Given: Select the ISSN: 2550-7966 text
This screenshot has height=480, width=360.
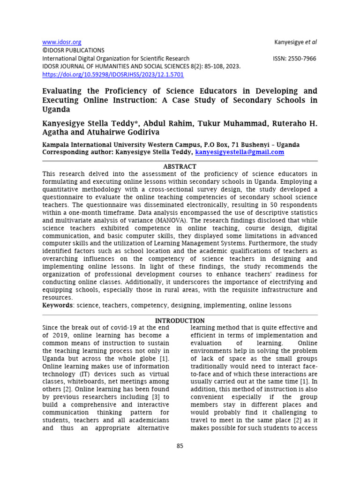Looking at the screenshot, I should [x=294, y=59].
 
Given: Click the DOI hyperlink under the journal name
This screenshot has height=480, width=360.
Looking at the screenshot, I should [x=113, y=75].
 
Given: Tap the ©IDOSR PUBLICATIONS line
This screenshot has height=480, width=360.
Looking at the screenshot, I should [x=74, y=50].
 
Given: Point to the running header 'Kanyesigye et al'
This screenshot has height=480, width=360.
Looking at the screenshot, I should [x=295, y=42].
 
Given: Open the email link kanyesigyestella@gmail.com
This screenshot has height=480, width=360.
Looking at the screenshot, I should [x=240, y=152].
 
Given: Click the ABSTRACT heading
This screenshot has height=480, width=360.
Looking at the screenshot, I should [x=180, y=166].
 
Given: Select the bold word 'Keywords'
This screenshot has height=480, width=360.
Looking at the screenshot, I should [x=58, y=305].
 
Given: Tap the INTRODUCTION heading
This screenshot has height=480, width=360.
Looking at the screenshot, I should [x=180, y=321].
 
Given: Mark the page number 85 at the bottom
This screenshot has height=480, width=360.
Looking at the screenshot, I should [x=180, y=446].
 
